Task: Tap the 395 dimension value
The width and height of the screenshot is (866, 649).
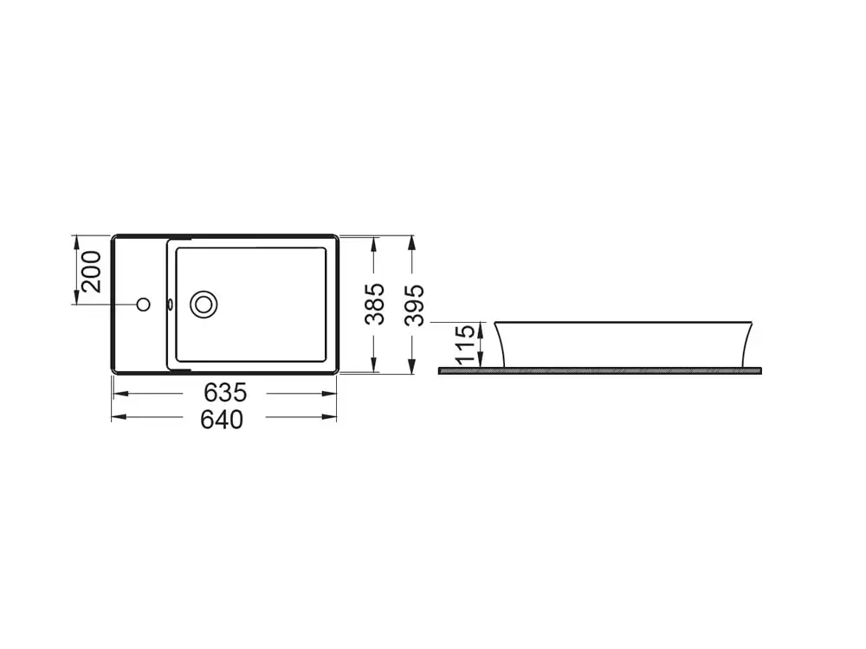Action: click(x=414, y=305)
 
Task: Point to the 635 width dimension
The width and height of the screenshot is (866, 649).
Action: click(x=225, y=393)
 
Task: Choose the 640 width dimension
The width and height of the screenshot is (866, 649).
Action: click(x=222, y=420)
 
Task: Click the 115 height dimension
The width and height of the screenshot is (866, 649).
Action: click(x=466, y=345)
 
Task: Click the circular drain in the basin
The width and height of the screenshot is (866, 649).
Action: click(x=204, y=304)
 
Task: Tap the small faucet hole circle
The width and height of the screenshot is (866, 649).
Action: click(x=144, y=304)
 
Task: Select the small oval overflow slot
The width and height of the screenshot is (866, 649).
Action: click(x=171, y=304)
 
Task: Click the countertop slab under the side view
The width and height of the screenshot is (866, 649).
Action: click(x=600, y=371)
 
